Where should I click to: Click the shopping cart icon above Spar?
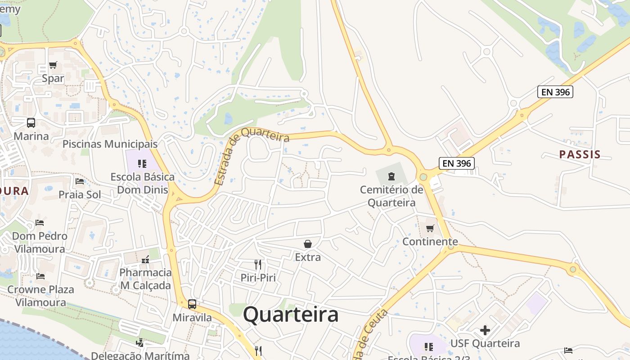coord(53,65)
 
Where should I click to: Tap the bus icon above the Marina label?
coord(31,122)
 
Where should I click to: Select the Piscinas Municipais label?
coord(110,144)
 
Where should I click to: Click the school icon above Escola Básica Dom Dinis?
coord(142,163)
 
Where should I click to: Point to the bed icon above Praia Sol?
coord(80,181)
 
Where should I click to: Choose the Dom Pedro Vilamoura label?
coord(40,242)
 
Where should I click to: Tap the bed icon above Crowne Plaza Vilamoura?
coord(40,276)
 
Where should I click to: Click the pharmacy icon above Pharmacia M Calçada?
coord(145,260)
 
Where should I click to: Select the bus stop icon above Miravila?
coord(192,304)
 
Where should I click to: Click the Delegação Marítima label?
coord(140,355)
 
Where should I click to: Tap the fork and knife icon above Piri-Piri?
coord(258,264)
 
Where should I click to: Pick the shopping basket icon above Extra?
coord(308,244)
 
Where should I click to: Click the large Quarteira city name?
coord(291,315)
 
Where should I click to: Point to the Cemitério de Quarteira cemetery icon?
coord(391,176)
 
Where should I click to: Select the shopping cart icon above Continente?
coord(430,228)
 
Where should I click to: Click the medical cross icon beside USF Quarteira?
coord(485,330)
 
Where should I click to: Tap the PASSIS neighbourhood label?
coord(580,154)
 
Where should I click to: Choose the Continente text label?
coord(430,242)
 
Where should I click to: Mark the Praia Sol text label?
coord(80,194)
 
